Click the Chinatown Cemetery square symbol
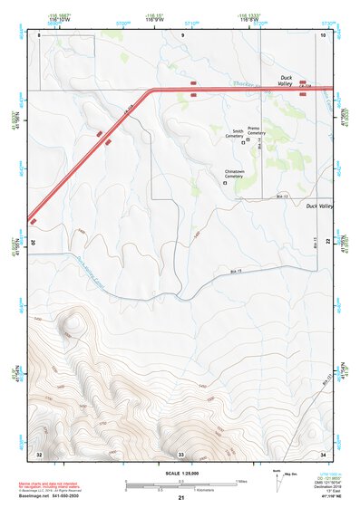pos(225,184)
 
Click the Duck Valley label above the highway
pos(290,78)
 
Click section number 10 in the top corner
pos(323,34)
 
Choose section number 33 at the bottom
pos(180,452)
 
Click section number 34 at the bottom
pos(323,452)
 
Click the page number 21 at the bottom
pos(180,498)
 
